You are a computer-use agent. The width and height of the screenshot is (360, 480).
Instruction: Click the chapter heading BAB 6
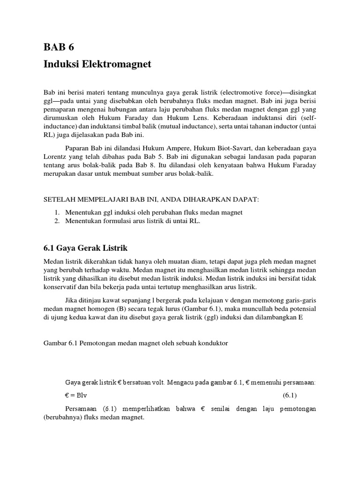click(x=59, y=47)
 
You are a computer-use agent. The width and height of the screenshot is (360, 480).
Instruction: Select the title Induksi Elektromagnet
click(x=97, y=64)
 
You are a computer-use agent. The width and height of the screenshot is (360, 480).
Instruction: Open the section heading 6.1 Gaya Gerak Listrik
click(x=86, y=247)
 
